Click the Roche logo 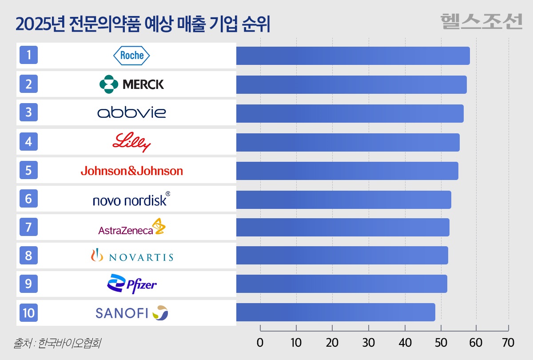pyautogui.click(x=132, y=56)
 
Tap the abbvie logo pyautogui.click(x=131, y=112)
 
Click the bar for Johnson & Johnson pyautogui.click(x=347, y=171)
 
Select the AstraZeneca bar pyautogui.click(x=342, y=227)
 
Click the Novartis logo pyautogui.click(x=131, y=256)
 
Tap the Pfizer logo pyautogui.click(x=132, y=284)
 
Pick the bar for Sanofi pyautogui.click(x=335, y=312)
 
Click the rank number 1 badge pyautogui.click(x=29, y=56)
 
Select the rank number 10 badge pyautogui.click(x=29, y=312)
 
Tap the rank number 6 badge pyautogui.click(x=29, y=199)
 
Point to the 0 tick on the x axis pyautogui.click(x=260, y=343)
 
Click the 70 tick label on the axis pyautogui.click(x=508, y=343)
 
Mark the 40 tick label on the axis pyautogui.click(x=405, y=343)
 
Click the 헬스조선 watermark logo pyautogui.click(x=481, y=21)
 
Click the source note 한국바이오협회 pyautogui.click(x=67, y=343)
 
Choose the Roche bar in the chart pyautogui.click(x=353, y=56)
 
